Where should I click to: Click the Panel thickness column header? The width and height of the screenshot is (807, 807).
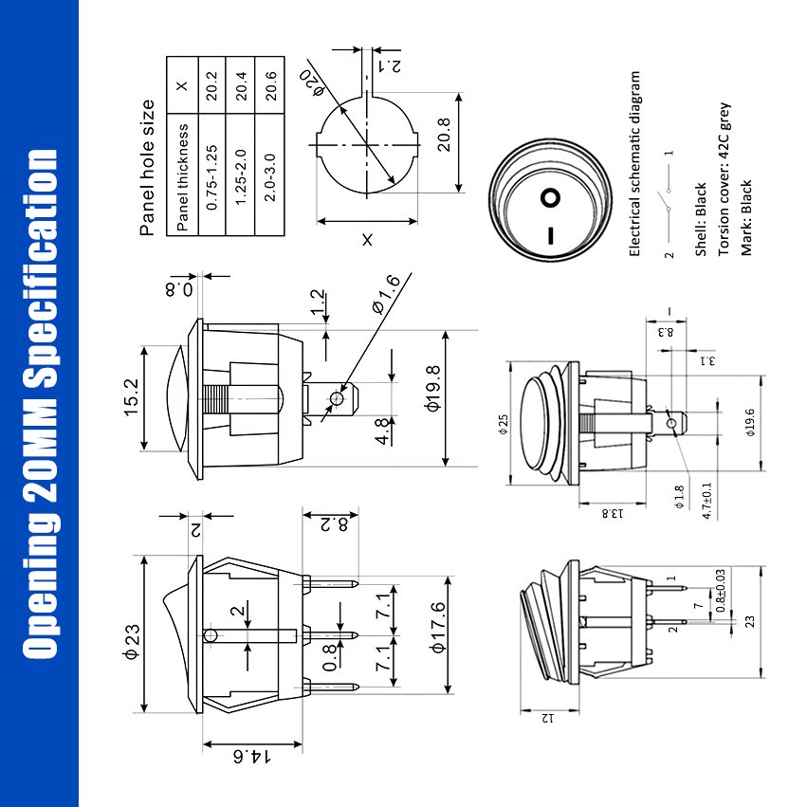pos(183,177)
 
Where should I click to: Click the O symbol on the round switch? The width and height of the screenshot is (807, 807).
pos(549,198)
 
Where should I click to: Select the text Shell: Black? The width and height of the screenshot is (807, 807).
pos(701,219)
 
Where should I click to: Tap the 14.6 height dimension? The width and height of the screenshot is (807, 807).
pos(251,757)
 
